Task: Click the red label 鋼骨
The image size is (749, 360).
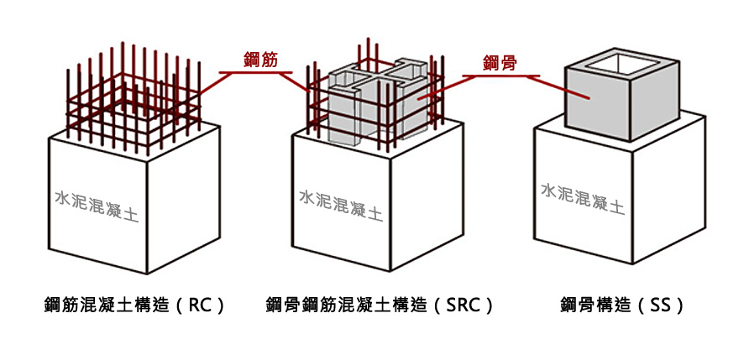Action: (x=500, y=63)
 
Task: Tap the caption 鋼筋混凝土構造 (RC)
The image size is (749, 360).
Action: (x=134, y=305)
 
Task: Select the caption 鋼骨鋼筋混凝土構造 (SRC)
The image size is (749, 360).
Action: (x=379, y=305)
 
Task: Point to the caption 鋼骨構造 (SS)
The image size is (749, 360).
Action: (x=622, y=305)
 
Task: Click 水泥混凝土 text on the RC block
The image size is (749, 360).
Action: (x=97, y=206)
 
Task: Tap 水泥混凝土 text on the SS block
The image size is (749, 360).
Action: (x=583, y=198)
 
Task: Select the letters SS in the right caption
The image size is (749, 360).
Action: (x=661, y=305)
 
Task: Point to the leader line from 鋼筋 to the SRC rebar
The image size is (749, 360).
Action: (x=292, y=82)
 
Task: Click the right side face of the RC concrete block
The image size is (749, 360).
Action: (x=184, y=200)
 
